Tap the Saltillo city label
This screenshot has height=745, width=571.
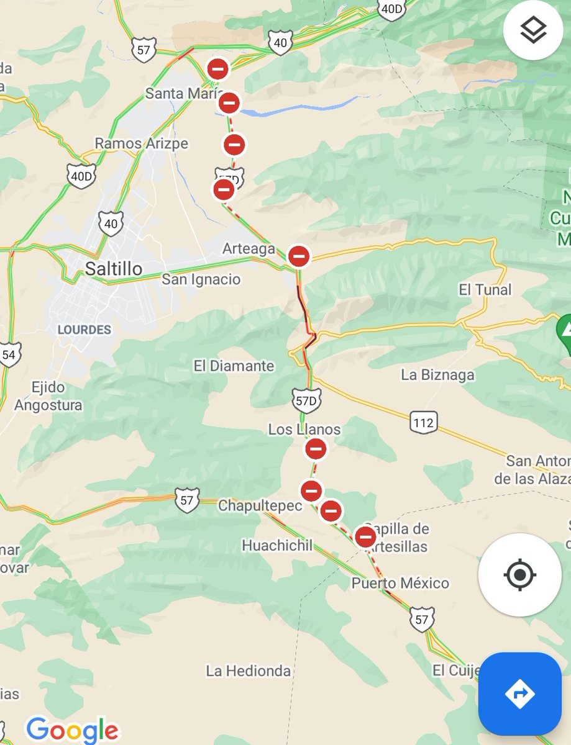[x=113, y=269]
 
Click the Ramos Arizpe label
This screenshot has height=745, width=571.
[x=141, y=143]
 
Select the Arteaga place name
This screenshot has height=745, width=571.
[x=249, y=249]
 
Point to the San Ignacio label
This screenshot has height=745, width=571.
[x=201, y=279]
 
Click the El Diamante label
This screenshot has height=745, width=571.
[x=234, y=366]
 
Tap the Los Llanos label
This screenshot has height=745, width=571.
[x=304, y=429]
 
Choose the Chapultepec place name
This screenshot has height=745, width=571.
[x=260, y=506]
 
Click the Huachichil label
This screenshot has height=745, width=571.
[x=277, y=546]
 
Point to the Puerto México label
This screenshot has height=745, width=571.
[x=400, y=583]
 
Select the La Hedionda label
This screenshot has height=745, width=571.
[x=249, y=670]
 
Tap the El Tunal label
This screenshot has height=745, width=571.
[x=485, y=289]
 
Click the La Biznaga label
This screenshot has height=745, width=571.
[x=437, y=375]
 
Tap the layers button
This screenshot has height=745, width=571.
[x=532, y=30]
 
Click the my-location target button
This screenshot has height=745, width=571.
[x=519, y=575]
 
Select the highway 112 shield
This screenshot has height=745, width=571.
[x=423, y=423]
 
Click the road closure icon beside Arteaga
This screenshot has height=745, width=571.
[x=299, y=256]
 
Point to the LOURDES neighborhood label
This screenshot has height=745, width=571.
[x=84, y=330]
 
